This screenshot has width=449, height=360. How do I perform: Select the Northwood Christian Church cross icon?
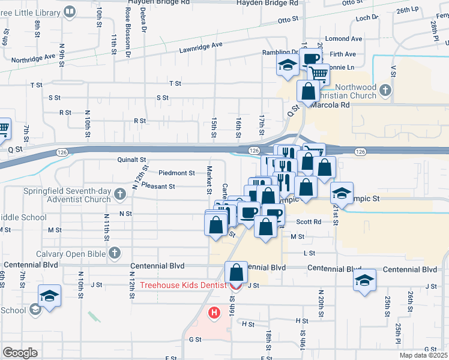click(385, 91)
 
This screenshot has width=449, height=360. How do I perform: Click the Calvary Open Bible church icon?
click(114, 254)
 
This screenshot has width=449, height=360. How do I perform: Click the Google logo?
click(20, 353)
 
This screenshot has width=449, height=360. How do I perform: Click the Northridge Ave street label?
click(34, 59)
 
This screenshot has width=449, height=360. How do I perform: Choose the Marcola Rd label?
click(329, 104)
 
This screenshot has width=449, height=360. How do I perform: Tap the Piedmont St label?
click(176, 173)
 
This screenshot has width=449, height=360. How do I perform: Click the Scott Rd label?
click(309, 221)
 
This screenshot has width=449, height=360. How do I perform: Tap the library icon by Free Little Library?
click(70, 11)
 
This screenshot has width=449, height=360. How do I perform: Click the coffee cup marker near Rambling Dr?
click(311, 59)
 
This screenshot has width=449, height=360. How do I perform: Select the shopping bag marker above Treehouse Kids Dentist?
click(237, 272)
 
